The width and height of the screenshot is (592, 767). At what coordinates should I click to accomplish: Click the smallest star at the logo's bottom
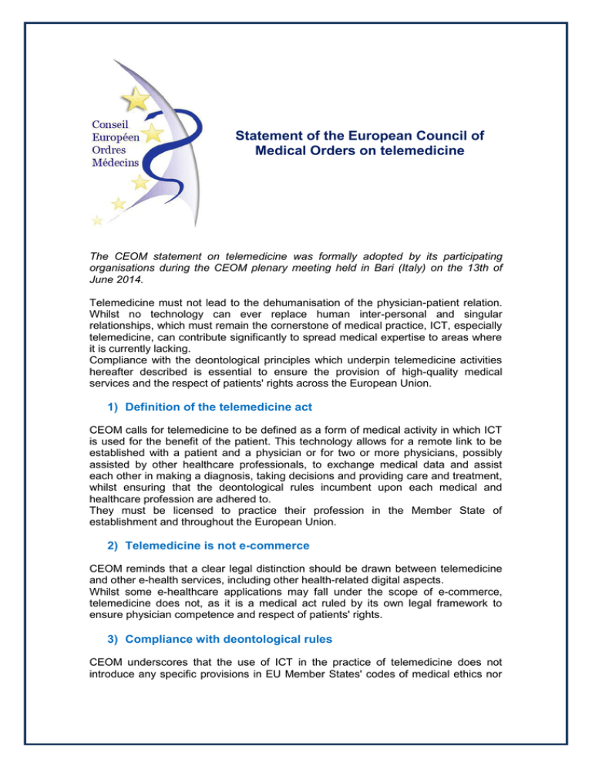97,221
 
